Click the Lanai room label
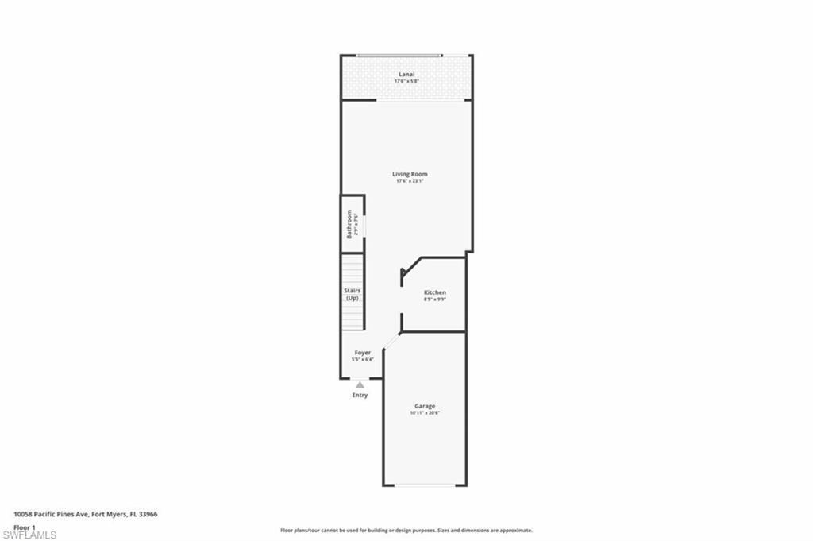tap(406, 75)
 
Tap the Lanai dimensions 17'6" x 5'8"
tap(406, 81)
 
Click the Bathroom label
tap(349, 224)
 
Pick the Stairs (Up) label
tap(353, 294)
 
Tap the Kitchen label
tap(434, 292)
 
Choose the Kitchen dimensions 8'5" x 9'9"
tap(434, 299)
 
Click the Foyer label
tap(362, 353)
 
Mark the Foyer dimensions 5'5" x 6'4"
tap(362, 360)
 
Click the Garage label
tap(425, 406)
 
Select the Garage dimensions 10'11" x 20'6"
tap(425, 413)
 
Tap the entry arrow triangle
tap(360, 385)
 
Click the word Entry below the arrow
tap(360, 395)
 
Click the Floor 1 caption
tap(25, 527)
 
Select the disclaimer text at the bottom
tap(406, 530)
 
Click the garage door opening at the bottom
tap(425, 485)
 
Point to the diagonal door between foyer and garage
tap(391, 341)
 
